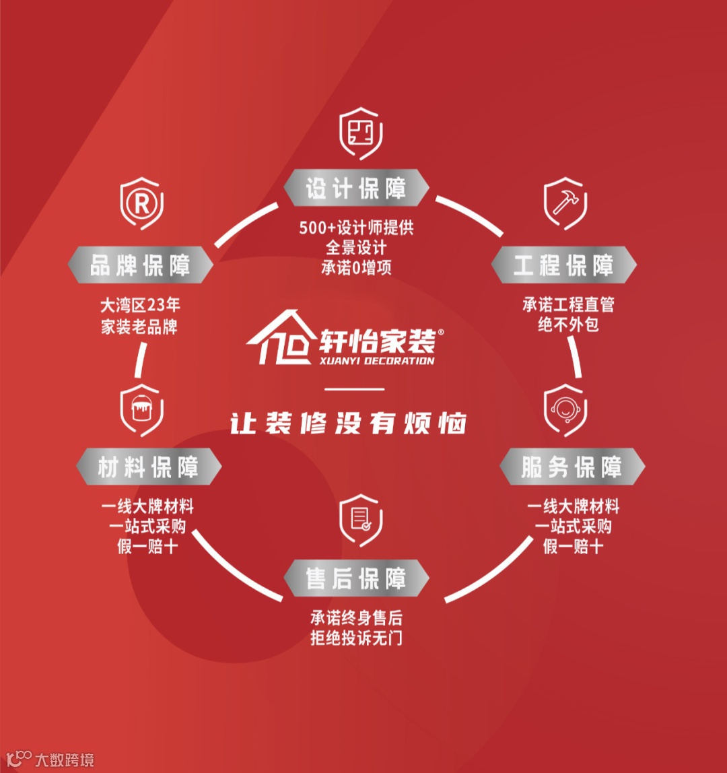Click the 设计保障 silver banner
click(356, 188)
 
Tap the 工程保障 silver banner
click(563, 265)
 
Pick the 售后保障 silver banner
click(356, 578)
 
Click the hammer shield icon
click(563, 203)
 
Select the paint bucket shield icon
click(141, 409)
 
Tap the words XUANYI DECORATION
click(377, 360)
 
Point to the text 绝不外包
click(568, 325)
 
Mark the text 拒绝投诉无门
click(356, 638)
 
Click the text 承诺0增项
click(356, 267)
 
